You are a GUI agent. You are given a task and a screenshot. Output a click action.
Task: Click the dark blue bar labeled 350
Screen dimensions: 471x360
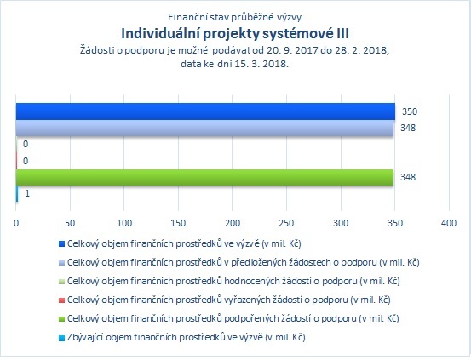click(205, 111)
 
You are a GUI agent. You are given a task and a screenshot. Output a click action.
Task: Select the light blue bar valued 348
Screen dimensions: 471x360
click(205, 129)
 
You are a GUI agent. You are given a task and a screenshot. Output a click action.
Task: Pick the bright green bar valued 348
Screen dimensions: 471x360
click(205, 177)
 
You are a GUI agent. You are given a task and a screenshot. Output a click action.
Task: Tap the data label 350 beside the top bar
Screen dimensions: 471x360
click(410, 111)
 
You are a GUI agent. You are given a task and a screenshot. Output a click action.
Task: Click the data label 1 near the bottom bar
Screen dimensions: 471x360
click(27, 193)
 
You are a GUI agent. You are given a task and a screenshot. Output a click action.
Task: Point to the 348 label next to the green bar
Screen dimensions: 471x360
click(408, 177)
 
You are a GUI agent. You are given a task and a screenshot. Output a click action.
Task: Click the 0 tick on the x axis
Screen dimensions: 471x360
click(16, 223)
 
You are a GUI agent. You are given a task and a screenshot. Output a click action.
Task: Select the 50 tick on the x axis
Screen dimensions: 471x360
click(70, 223)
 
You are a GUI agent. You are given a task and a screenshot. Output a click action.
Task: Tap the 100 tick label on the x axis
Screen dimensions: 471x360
click(124, 223)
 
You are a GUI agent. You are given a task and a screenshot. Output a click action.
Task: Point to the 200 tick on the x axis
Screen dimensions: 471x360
click(233, 223)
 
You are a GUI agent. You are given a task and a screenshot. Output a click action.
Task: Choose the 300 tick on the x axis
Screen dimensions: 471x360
click(341, 223)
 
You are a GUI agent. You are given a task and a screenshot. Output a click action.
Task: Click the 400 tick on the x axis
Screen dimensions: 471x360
click(449, 223)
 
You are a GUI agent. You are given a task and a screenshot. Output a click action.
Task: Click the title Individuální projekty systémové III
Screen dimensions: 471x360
click(235, 34)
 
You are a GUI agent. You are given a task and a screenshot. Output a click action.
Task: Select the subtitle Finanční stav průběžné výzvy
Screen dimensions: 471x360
click(234, 17)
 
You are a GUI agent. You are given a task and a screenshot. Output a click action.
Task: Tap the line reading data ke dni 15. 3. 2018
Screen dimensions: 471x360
click(234, 64)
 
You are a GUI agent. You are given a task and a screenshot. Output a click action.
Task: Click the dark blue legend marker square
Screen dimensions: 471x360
click(61, 243)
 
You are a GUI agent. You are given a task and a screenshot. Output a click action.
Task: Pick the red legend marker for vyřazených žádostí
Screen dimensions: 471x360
click(61, 300)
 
